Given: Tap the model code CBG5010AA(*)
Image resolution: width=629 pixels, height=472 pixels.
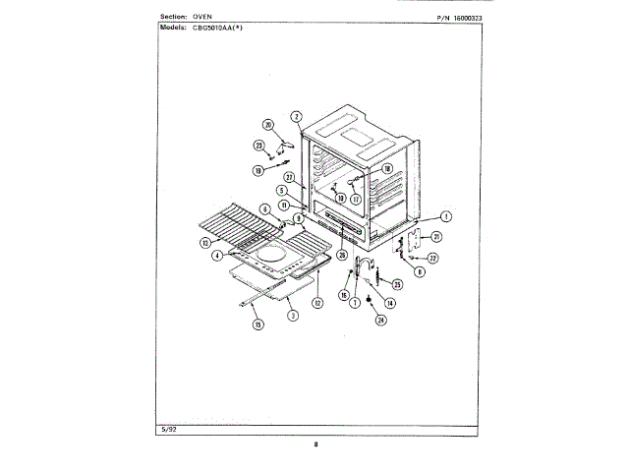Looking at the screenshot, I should [221, 29].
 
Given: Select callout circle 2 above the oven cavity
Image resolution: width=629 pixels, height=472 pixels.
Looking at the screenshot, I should [296, 116].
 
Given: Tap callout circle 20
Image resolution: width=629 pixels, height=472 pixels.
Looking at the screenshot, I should [266, 124].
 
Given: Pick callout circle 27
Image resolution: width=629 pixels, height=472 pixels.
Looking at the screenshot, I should [290, 177].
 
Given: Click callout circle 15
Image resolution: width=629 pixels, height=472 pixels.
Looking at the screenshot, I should [258, 324].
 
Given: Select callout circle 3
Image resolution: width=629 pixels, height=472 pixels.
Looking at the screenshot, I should [292, 316].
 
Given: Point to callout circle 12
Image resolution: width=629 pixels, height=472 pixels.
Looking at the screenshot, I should [317, 302].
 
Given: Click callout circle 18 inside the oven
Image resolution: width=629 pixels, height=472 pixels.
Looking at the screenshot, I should [386, 169].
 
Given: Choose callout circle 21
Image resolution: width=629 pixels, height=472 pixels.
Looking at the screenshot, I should [436, 237].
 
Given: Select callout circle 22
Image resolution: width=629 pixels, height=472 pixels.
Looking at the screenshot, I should [433, 258].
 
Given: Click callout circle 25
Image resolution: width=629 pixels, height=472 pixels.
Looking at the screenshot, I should [397, 284].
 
